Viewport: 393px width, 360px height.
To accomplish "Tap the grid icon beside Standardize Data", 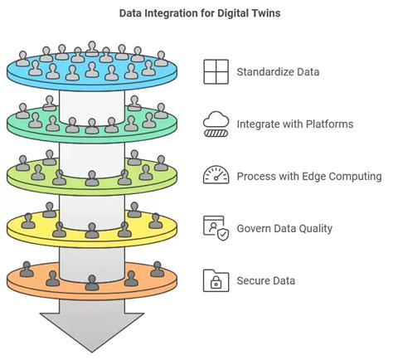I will pos(216,72).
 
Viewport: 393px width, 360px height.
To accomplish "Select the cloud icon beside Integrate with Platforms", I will pos(216,124).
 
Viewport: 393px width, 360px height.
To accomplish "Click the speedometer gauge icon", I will pos(216,176).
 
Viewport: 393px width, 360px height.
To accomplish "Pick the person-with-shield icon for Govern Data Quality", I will pos(216,228).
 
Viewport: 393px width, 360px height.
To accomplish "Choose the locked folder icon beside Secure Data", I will pos(216,280).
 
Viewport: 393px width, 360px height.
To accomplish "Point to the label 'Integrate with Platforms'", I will pos(295,124).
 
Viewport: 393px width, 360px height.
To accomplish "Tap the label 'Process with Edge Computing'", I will pos(308,177).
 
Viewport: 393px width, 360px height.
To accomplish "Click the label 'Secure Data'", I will pos(265,281).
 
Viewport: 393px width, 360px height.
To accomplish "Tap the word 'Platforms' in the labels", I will pos(328,124).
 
